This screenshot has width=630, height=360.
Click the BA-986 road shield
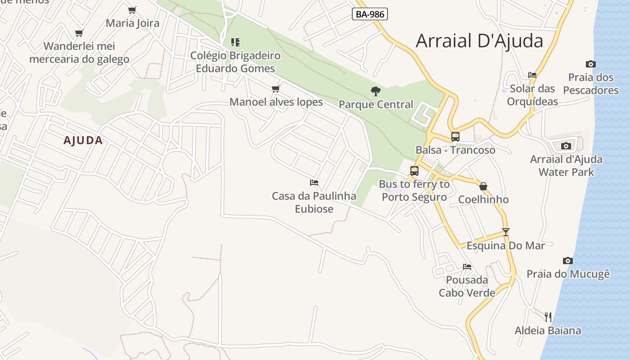pyautogui.click(x=370, y=14)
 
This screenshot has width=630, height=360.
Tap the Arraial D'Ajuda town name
pyautogui.click(x=479, y=40)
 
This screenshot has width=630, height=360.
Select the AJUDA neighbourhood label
pyautogui.click(x=83, y=140)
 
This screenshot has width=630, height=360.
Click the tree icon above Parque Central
pyautogui.click(x=376, y=91)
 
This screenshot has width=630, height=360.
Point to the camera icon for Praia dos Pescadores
pyautogui.click(x=591, y=64)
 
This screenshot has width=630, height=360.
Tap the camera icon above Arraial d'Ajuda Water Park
pyautogui.click(x=566, y=146)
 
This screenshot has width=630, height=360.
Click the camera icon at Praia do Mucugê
pyautogui.click(x=568, y=261)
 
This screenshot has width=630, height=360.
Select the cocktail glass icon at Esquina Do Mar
pyautogui.click(x=506, y=232)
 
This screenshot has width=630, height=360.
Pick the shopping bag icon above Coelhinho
pyautogui.click(x=483, y=186)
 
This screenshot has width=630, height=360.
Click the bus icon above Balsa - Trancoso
pyautogui.click(x=455, y=137)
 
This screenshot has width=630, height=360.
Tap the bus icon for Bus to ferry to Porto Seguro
pyautogui.click(x=414, y=171)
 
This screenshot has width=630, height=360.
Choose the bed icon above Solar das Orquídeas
pyautogui.click(x=532, y=75)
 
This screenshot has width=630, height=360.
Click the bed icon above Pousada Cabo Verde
pyautogui.click(x=467, y=267)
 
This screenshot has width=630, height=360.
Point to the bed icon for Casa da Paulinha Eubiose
pyautogui.click(x=314, y=183)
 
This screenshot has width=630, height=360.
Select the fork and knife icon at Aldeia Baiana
pyautogui.click(x=548, y=317)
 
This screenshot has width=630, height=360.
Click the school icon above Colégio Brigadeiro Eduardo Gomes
pyautogui.click(x=235, y=42)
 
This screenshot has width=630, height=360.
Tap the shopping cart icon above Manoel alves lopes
pyautogui.click(x=276, y=89)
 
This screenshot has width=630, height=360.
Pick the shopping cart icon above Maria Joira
pyautogui.click(x=132, y=10)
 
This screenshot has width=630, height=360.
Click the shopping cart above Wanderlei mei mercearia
pyautogui.click(x=79, y=33)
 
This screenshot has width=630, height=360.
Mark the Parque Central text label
pyautogui.click(x=376, y=104)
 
